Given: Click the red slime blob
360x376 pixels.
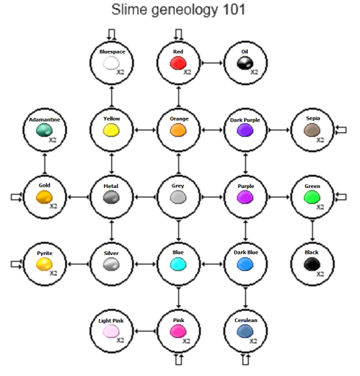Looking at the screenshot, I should (178, 63).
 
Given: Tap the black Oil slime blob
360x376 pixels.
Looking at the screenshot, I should (245, 63).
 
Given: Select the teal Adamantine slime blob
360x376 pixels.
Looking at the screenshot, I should (44, 130).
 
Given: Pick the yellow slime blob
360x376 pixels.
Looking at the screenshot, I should (111, 130).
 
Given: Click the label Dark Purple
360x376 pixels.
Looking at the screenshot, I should (245, 119).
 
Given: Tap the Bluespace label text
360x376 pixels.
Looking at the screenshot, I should (111, 51).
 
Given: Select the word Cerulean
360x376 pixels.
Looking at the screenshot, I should (245, 321).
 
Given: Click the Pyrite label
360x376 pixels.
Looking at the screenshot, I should (44, 253).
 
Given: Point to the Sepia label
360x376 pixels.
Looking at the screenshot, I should (312, 118).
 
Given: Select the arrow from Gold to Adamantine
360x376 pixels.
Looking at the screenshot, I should (44, 164).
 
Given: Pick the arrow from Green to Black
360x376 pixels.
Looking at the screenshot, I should (312, 231).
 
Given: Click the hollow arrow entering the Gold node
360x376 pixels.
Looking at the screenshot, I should (16, 197).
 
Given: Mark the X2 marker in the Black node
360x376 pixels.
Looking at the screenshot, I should (321, 274).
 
